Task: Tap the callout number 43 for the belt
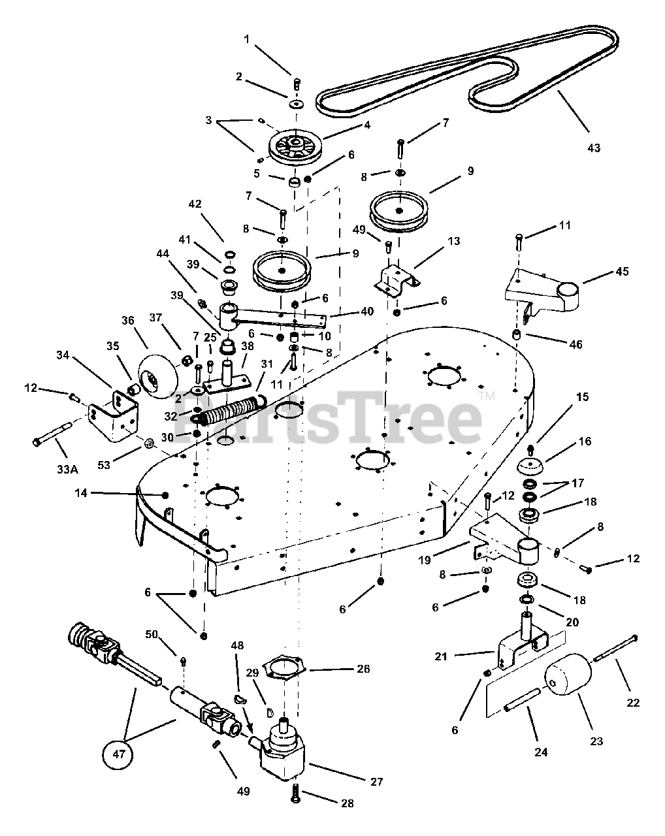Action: click(x=593, y=148)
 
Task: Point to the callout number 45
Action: click(x=623, y=271)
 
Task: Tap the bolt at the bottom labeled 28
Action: click(x=296, y=793)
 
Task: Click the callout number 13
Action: click(x=453, y=241)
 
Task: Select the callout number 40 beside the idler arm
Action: click(x=366, y=312)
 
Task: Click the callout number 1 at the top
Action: click(x=246, y=39)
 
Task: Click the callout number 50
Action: click(x=152, y=635)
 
